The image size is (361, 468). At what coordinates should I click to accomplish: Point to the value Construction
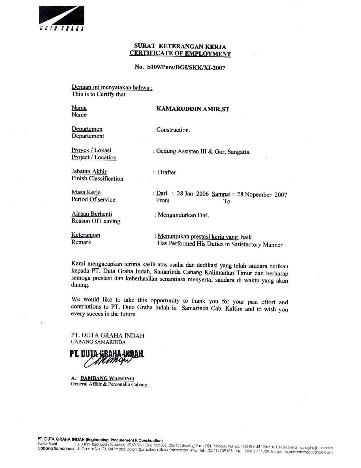pos(173,130)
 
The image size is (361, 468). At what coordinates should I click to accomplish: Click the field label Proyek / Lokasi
pos(91,150)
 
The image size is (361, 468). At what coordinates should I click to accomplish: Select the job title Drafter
pos(167,172)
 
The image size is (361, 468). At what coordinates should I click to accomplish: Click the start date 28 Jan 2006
pos(193,194)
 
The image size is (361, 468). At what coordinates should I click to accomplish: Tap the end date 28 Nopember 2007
pos(262,195)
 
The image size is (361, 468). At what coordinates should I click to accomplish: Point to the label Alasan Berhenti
pos(92,214)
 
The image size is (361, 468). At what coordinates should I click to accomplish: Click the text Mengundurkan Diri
pos(183,215)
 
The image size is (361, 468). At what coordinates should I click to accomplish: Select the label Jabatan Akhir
pos(89,171)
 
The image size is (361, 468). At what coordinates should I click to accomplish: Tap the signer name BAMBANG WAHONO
pos(107,378)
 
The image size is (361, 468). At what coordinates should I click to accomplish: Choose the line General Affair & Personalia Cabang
pos(110,385)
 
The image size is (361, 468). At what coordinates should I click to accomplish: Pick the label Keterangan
pos(86,235)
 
